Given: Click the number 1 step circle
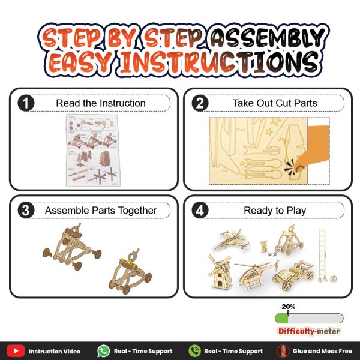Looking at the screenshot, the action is click(x=26, y=103).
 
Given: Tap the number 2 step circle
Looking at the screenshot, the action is click(x=200, y=103).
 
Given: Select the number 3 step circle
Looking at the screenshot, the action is click(x=26, y=210).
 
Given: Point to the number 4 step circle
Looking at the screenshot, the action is click(x=200, y=210).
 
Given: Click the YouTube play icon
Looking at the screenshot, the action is click(x=16, y=351).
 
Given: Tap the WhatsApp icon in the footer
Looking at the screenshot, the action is click(x=103, y=351).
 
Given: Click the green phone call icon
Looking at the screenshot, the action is click(x=194, y=351).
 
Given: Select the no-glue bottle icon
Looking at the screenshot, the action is click(x=283, y=351).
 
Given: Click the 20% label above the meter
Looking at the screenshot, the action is click(x=289, y=307).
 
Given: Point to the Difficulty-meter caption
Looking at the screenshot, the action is click(x=309, y=331).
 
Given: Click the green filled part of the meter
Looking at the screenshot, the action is click(x=281, y=319).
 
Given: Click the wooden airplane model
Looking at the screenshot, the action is click(x=232, y=241).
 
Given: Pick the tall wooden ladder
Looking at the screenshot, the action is click(x=323, y=256).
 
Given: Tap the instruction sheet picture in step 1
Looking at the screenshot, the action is click(x=93, y=151).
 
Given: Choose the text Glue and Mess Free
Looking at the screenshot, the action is click(x=322, y=351).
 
